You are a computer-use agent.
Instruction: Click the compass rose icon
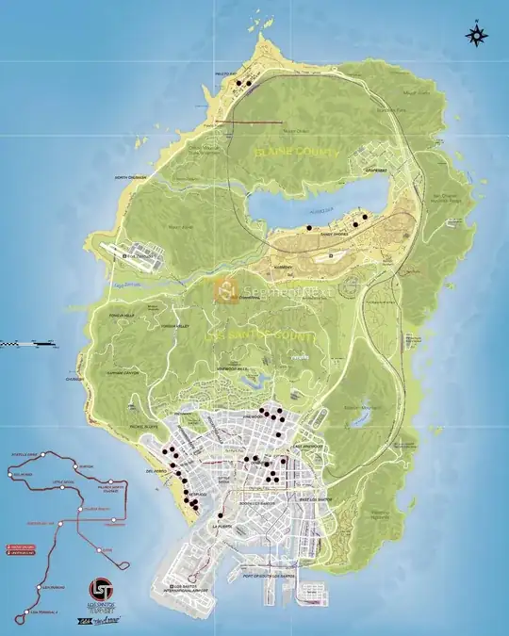click(477, 35)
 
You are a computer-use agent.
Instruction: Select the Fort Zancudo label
click(142, 254)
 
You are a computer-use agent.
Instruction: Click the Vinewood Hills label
click(232, 368)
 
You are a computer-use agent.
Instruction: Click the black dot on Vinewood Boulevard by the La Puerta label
click(221, 514)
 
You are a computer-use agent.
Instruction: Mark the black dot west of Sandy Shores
click(308, 228)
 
